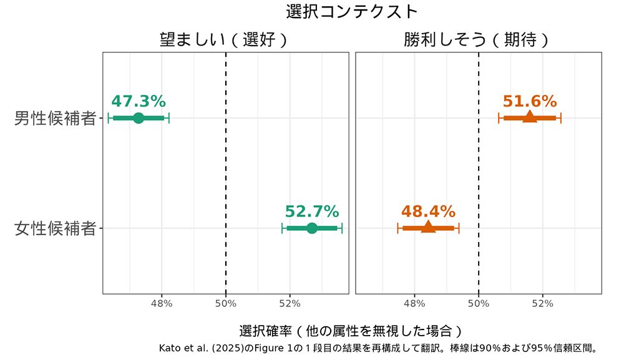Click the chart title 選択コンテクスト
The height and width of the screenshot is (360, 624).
tap(351, 11)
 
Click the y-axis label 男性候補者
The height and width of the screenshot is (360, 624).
tap(55, 118)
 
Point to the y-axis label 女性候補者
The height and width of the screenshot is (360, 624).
tap(55, 228)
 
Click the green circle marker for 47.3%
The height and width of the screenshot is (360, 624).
tap(139, 118)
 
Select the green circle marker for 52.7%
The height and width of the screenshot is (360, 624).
tap(312, 228)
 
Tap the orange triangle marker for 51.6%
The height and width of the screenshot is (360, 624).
tap(529, 117)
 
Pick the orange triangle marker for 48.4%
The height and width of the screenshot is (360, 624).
tap(428, 227)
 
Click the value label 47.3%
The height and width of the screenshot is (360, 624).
tap(139, 101)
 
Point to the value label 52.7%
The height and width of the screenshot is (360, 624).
tap(312, 212)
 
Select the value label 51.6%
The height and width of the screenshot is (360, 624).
tap(529, 101)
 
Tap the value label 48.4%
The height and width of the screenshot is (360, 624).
tap(428, 212)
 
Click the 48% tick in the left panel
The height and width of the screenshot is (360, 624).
tap(162, 304)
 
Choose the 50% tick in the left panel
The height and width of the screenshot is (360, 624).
tap(225, 304)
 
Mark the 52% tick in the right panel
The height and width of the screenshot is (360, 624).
tap(542, 304)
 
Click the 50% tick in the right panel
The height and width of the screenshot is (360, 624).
tap(479, 304)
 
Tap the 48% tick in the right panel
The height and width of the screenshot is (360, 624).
tap(414, 304)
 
